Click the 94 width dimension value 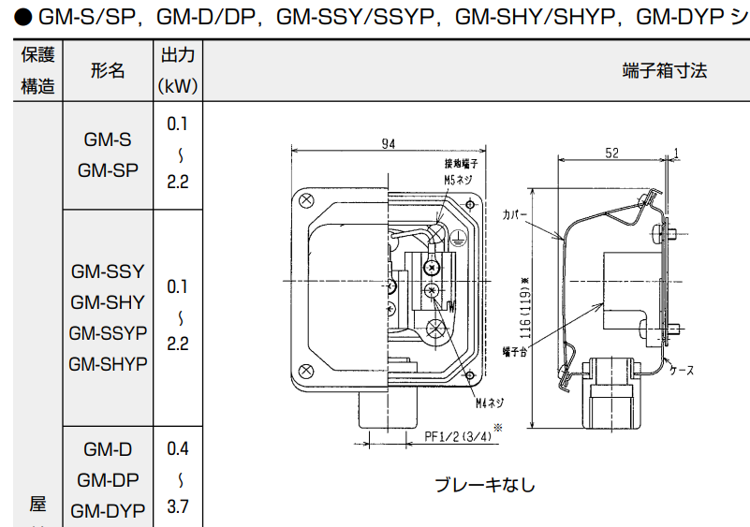(x=388, y=143)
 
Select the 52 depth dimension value (x=611, y=153)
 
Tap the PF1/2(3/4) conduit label (x=458, y=436)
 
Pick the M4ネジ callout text (x=489, y=403)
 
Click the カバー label (x=514, y=213)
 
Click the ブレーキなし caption (x=485, y=485)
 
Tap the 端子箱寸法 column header (x=664, y=71)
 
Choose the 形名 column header (x=108, y=71)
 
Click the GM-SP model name (x=107, y=170)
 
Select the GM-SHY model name (x=108, y=302)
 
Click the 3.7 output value (x=178, y=507)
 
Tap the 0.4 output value (x=178, y=448)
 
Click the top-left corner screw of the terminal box (x=306, y=199)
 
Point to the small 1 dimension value (x=675, y=153)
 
